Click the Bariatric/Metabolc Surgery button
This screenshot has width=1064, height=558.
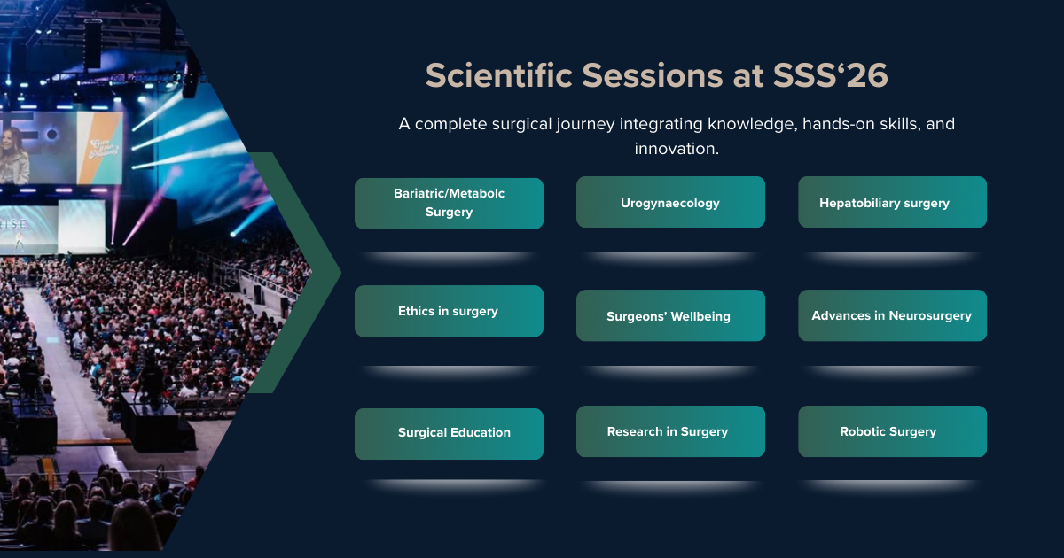(449, 204)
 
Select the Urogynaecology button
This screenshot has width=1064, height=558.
(670, 202)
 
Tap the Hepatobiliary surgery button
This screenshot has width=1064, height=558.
(893, 202)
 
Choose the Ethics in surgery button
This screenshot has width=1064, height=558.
(449, 311)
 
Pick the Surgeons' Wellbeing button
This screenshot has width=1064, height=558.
(670, 315)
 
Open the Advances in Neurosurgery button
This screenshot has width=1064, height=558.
(893, 315)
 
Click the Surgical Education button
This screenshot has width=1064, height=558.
(449, 434)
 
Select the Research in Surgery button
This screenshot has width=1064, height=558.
(670, 431)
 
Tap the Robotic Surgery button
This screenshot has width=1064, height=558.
(893, 431)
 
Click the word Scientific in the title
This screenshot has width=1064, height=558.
(499, 75)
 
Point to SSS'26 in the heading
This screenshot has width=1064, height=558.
(830, 75)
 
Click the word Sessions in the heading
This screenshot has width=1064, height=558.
(653, 75)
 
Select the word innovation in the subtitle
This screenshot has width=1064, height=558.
(677, 149)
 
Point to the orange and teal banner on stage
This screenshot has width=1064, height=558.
(99, 148)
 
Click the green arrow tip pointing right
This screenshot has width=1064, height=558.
(340, 273)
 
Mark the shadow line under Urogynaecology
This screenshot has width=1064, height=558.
(670, 258)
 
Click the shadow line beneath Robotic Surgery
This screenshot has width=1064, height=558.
(893, 486)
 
